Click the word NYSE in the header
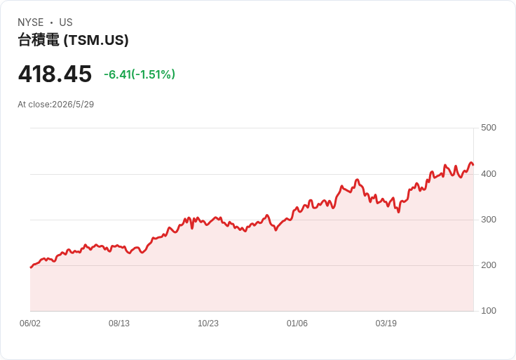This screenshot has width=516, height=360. (x=31, y=22)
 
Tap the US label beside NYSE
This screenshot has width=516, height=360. (x=66, y=22)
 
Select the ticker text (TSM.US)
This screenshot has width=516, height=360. (x=96, y=40)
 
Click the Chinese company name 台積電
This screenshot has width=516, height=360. (x=39, y=40)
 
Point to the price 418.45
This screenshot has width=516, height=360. (x=55, y=74)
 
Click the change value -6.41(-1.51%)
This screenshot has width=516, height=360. (x=140, y=74)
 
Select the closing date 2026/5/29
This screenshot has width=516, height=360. (x=73, y=105)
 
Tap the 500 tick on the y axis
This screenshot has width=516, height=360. (x=489, y=128)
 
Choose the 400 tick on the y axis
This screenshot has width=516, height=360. (x=489, y=174)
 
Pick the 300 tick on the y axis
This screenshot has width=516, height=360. (x=489, y=220)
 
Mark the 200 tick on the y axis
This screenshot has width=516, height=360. (x=489, y=265)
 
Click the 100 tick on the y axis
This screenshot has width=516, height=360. (x=489, y=311)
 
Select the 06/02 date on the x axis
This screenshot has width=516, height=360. (x=30, y=324)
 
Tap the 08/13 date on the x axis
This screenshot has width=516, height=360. (x=119, y=324)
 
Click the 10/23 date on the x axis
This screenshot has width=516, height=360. (x=208, y=324)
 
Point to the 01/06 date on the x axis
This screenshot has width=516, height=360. (x=297, y=324)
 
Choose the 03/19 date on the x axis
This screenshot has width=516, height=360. (x=386, y=324)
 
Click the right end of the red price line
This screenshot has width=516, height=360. (x=473, y=165)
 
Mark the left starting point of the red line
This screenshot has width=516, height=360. (x=31, y=267)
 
